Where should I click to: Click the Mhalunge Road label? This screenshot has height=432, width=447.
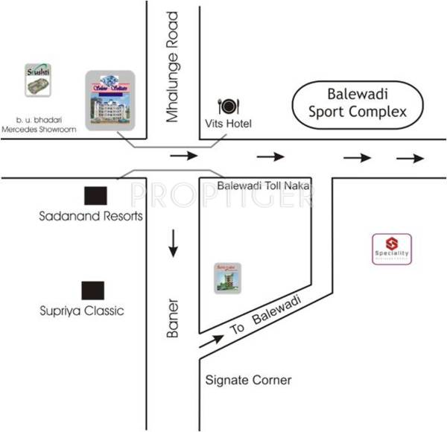pos(173,67)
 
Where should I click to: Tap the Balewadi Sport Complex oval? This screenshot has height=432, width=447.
pos(358,104)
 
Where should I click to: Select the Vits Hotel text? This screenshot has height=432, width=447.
pos(229,123)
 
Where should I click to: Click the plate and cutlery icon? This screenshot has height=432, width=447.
pos(227,106)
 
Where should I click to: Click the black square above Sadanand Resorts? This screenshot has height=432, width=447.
pos(95,196)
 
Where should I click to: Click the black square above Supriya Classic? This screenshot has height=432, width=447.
pos(93,290)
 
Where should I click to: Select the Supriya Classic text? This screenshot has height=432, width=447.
pos(82,310)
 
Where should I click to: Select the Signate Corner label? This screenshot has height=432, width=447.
pos(247,381)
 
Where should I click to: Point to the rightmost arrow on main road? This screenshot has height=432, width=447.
pos(410,158)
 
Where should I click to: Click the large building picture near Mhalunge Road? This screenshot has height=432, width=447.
pos(110,101)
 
